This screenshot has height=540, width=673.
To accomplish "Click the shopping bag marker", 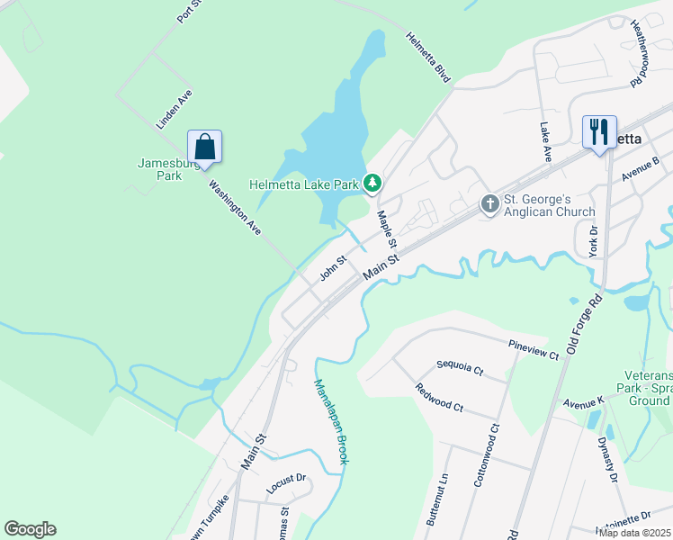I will click(204, 147).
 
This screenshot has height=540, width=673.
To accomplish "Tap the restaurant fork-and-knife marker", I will click(598, 131).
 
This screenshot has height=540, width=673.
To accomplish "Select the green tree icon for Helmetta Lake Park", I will click(372, 184).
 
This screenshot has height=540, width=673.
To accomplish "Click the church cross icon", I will click(489, 203).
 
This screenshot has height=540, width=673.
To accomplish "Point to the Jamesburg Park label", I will click(159, 169).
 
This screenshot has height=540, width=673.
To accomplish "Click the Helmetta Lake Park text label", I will click(304, 184).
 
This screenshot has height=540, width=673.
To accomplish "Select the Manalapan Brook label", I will click(330, 421).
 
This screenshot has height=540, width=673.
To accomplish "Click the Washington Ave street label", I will click(234, 208).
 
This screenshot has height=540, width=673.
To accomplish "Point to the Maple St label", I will click(387, 229).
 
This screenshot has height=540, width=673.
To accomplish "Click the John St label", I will click(334, 265).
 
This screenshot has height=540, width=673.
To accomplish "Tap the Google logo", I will click(30, 528).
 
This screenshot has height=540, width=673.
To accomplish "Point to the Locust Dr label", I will click(286, 484).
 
